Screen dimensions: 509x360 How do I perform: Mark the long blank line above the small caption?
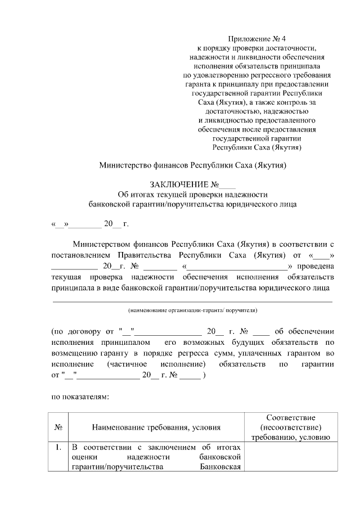(x=192, y=301)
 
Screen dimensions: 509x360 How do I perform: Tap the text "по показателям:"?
(x=79, y=396)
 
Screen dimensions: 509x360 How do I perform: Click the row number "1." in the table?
(x=58, y=448)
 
